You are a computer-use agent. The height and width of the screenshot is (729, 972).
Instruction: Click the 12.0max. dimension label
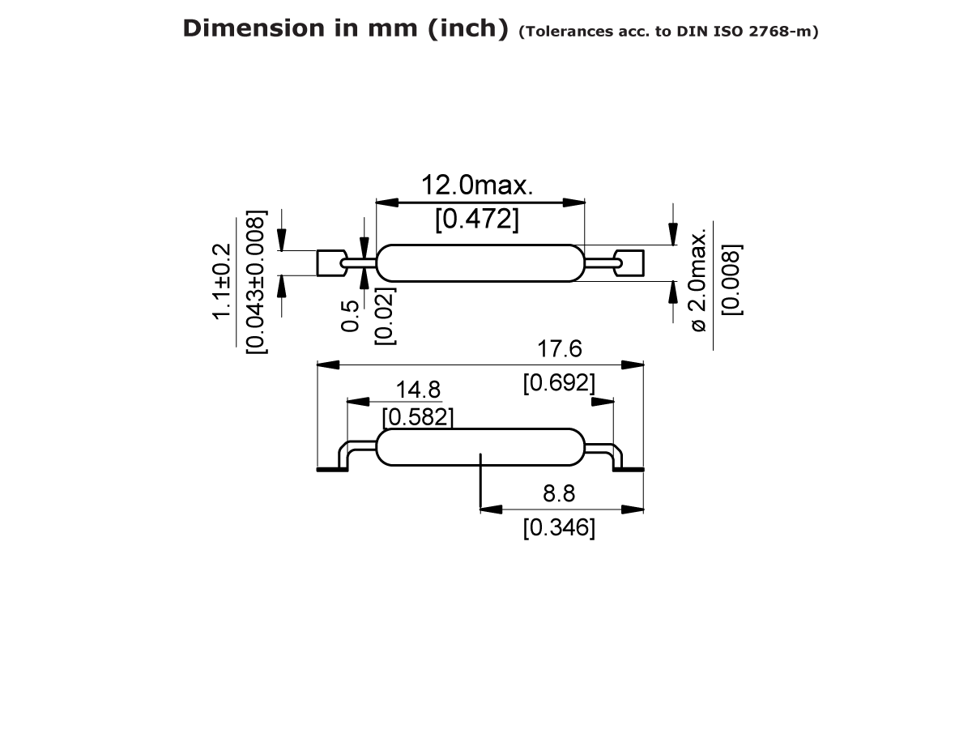pos(477,185)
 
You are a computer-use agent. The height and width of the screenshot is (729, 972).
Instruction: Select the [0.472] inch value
pos(477,219)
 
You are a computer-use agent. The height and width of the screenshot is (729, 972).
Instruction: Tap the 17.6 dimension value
pos(560,349)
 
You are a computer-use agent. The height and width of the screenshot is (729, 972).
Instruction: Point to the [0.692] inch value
pos(559,382)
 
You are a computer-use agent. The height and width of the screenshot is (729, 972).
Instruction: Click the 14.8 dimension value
pos(418,390)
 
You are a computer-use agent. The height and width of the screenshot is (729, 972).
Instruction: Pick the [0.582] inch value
pos(417,417)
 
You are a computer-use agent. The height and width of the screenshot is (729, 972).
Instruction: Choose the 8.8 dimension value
pos(559,494)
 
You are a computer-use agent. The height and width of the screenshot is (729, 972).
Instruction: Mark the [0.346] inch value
pos(559,528)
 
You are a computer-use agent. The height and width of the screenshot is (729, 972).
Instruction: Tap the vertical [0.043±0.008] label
pos(256,281)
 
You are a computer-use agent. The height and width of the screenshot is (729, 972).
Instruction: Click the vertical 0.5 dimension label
pos(351,316)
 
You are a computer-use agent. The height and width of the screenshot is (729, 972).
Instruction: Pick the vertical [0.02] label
pos(386,316)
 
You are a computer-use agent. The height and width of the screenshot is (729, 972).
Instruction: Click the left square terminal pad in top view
pos(329,263)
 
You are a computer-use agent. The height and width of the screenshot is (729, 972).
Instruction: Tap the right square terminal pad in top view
pos(631,263)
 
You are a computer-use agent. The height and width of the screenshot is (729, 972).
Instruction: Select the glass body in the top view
pos(480,263)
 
